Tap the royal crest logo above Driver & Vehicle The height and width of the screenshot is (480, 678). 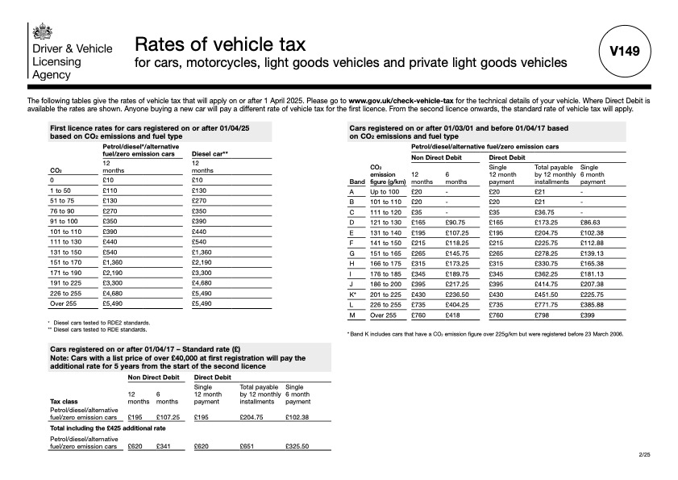tap(40, 31)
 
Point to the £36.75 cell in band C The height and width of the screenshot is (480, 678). tap(546, 211)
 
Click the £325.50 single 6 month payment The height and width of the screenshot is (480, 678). tap(297, 446)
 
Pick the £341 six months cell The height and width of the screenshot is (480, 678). tap(164, 446)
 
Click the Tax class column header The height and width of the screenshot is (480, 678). tap(64, 401)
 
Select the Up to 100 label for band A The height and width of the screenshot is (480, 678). tap(383, 192)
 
